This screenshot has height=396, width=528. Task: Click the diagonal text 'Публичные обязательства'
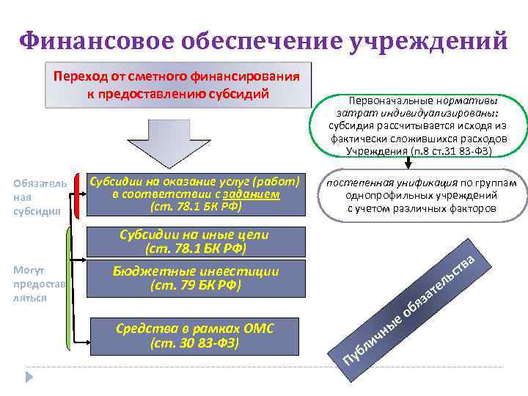point(411,308)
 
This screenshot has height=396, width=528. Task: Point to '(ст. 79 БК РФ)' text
point(195,285)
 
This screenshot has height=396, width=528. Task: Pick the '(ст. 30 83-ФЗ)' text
point(195,342)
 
